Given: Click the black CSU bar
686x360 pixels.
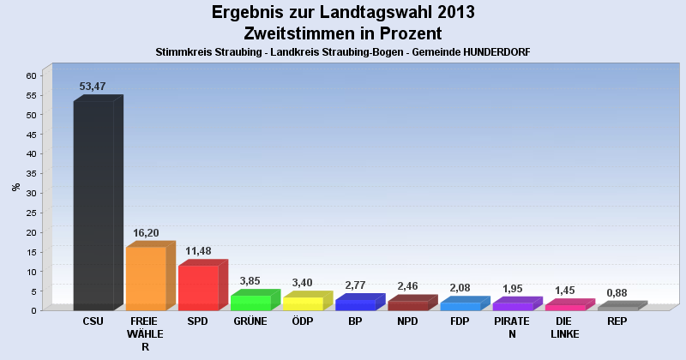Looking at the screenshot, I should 93,206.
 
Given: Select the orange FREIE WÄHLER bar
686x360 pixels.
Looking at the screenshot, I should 146,279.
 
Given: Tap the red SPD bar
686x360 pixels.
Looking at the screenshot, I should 198,288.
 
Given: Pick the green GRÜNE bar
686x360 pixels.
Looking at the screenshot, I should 250,303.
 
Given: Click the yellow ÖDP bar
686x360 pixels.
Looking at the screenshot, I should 303,303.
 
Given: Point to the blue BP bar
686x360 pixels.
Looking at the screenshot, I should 355,304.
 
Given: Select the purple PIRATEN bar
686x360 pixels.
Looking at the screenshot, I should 512,306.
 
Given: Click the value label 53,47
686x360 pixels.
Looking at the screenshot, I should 93,87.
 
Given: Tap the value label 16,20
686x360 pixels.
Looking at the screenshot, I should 146,232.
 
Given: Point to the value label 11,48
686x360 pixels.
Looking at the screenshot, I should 198,251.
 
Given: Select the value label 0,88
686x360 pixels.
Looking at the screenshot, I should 617,292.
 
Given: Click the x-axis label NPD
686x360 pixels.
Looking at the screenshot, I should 407,322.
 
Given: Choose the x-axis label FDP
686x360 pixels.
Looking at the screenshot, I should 460,322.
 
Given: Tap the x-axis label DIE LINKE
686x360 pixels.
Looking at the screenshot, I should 564,327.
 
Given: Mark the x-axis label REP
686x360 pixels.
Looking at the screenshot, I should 617,322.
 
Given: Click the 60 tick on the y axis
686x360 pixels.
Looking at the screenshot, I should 30,75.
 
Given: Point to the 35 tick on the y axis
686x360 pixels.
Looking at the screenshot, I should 30,173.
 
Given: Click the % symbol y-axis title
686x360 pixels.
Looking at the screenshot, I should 15,187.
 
